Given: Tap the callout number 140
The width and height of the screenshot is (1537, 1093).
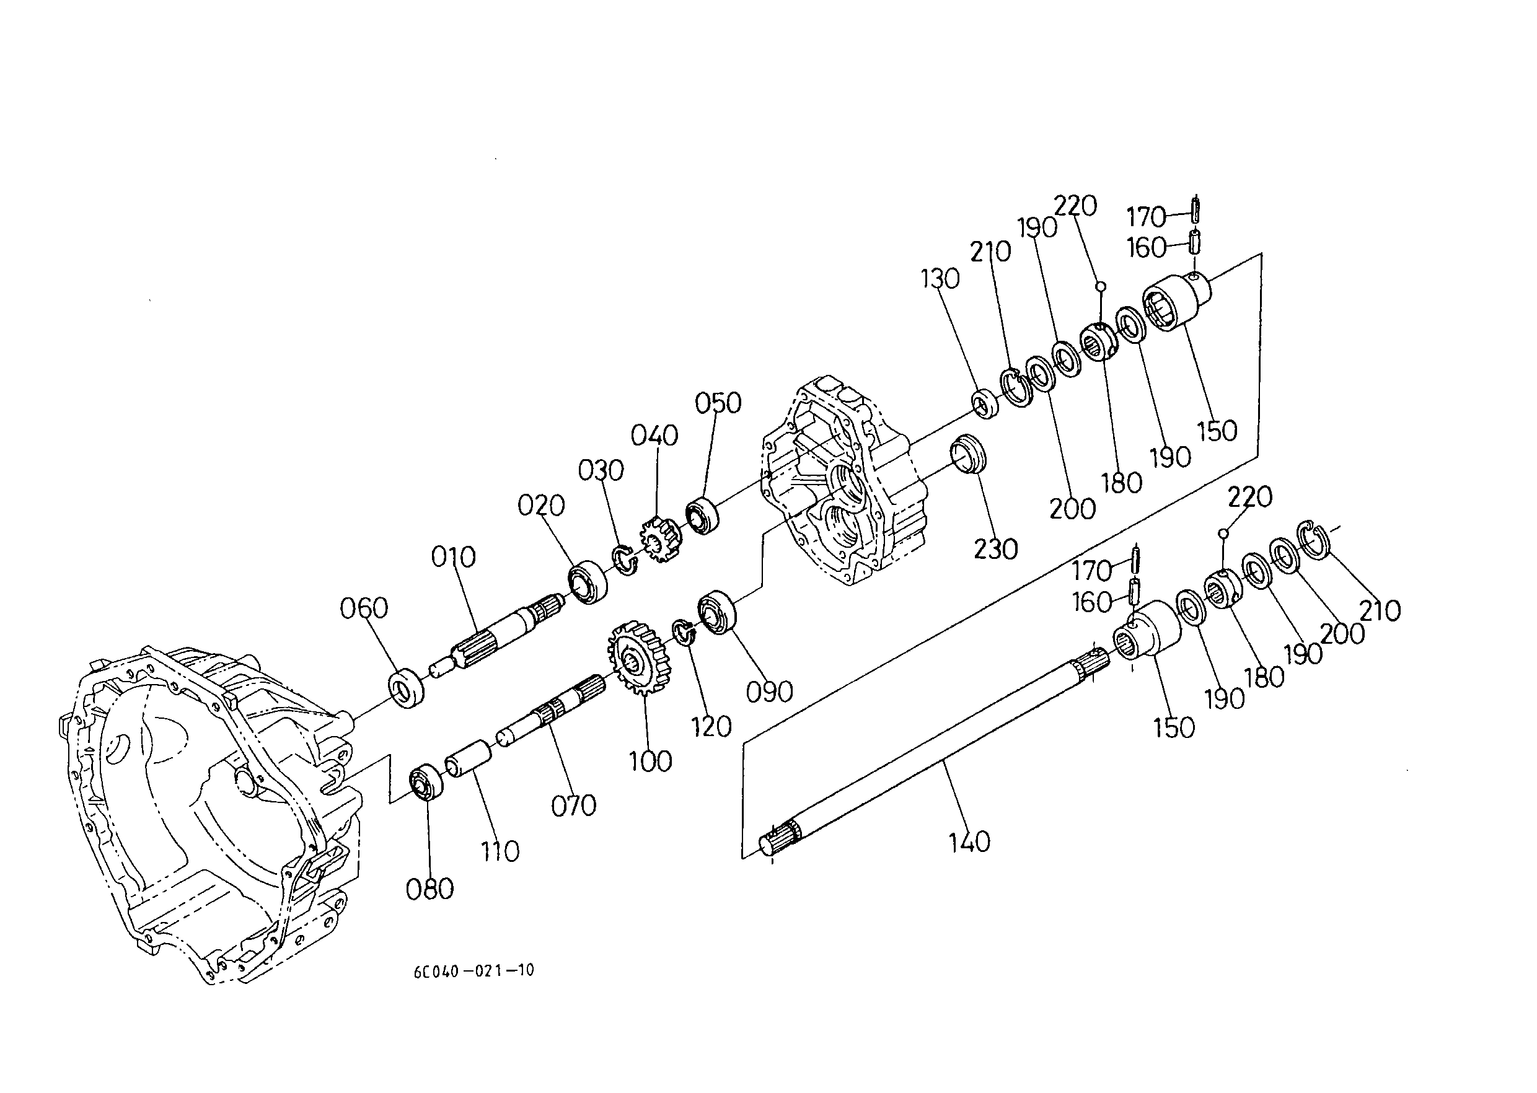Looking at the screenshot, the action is click(969, 842).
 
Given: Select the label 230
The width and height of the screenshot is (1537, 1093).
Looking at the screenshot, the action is click(996, 550).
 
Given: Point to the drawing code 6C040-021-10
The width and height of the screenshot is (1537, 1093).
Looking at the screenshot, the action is click(474, 970).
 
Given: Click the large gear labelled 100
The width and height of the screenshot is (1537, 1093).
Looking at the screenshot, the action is click(637, 658).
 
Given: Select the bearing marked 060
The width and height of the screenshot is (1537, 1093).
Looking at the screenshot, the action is click(407, 687).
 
